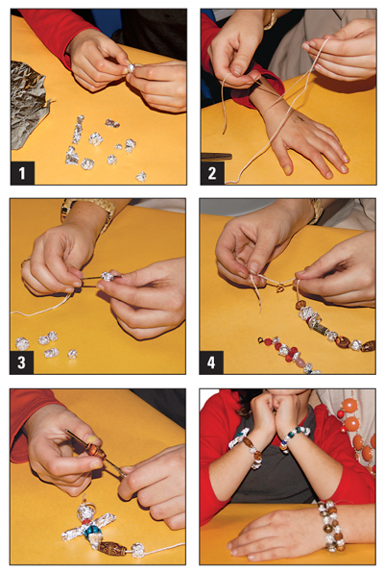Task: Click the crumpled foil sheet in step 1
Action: tap(28, 91)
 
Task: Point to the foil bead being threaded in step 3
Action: tap(108, 276)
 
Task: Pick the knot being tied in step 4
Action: tap(257, 279)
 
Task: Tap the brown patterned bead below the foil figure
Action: tap(108, 549)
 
